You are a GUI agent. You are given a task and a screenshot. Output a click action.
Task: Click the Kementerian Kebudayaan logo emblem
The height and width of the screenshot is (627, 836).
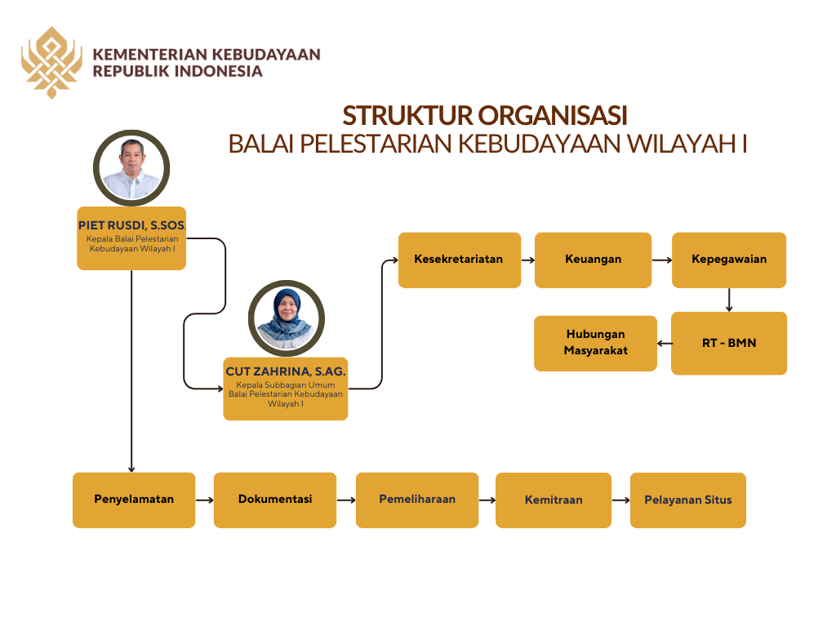click(x=51, y=62)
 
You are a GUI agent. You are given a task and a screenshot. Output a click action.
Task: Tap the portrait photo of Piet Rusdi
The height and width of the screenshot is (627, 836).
click(x=131, y=167)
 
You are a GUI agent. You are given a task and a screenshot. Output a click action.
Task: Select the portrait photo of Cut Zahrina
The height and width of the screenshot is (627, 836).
click(x=286, y=318)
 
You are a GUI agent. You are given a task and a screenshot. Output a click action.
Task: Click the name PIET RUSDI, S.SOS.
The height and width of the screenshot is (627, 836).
click(x=131, y=225)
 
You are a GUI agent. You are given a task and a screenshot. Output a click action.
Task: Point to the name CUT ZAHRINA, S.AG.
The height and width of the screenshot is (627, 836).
click(x=286, y=371)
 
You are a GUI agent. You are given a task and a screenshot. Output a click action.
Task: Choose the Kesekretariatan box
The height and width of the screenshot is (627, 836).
click(x=459, y=260)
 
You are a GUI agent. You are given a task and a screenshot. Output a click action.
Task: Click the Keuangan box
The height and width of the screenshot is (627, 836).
click(x=593, y=260)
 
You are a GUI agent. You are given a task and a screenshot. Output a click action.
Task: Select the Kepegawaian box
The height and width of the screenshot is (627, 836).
click(x=728, y=260)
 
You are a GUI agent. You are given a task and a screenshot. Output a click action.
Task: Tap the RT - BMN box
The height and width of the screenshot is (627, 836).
click(x=728, y=343)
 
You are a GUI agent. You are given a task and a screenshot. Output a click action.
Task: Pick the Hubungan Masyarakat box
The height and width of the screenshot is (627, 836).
click(x=595, y=343)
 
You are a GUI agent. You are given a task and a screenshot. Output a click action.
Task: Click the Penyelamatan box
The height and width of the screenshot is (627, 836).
click(x=134, y=500)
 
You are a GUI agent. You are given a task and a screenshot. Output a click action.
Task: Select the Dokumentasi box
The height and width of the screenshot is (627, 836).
click(x=275, y=500)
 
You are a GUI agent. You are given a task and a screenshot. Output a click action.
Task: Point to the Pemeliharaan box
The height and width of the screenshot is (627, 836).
click(x=416, y=500)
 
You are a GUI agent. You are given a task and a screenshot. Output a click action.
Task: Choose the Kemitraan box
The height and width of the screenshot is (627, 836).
click(x=554, y=500)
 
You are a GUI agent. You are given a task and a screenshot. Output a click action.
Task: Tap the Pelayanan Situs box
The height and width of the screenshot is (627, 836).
click(x=687, y=500)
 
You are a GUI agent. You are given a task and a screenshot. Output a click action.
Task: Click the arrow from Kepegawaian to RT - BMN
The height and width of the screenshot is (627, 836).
click(x=728, y=300)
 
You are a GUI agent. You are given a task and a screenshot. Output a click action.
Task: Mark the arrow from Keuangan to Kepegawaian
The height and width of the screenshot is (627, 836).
click(x=661, y=260)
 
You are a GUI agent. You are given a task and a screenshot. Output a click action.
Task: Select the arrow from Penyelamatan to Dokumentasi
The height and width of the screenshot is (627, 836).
click(x=204, y=500)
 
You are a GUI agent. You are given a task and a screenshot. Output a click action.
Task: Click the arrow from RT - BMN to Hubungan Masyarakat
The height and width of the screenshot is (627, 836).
click(x=665, y=343)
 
